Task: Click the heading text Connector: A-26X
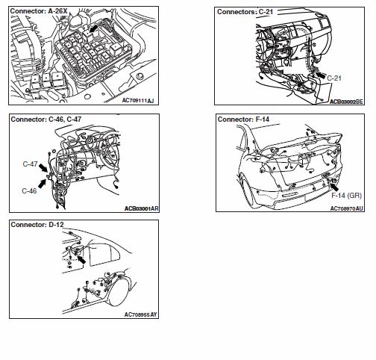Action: click(39, 11)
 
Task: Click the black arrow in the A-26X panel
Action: click(94, 28)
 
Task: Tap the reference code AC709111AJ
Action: click(138, 100)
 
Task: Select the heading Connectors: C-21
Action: click(245, 12)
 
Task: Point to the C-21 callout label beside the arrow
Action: click(334, 78)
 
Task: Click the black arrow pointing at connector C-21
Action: click(320, 75)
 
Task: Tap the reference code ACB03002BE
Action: click(346, 102)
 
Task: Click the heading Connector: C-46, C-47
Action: click(46, 120)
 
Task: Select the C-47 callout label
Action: click(30, 164)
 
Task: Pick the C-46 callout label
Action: click(29, 191)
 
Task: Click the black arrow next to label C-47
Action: click(43, 168)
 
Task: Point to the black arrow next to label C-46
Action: click(43, 184)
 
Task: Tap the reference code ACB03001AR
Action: click(142, 208)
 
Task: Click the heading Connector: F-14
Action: click(243, 120)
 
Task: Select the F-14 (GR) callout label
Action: click(346, 196)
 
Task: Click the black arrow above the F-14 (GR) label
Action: click(334, 187)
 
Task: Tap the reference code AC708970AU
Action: click(347, 208)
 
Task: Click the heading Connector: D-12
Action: click(37, 225)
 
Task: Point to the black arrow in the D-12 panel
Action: click(81, 260)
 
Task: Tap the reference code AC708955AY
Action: click(141, 314)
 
